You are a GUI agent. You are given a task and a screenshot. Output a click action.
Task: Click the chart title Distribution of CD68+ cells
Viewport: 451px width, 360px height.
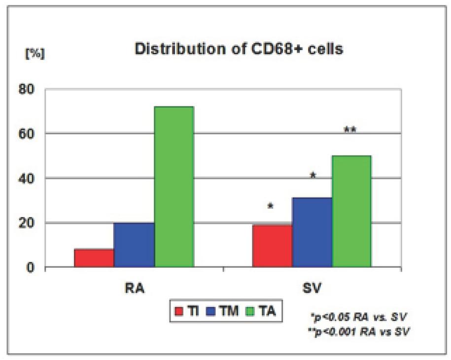pos(239,50)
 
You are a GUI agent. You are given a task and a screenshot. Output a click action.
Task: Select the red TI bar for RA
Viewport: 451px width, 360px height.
pos(94,258)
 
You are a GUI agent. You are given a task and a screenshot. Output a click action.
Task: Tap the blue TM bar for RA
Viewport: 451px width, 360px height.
pos(134,245)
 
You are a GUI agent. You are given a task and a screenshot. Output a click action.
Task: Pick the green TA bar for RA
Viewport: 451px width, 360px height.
pos(173,187)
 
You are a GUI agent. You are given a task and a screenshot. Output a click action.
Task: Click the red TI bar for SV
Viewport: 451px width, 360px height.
pos(272,246)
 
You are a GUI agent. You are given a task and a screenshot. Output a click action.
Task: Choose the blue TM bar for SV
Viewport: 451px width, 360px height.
pos(312,232)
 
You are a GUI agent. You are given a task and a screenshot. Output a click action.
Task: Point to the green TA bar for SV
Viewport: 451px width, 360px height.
pos(351,212)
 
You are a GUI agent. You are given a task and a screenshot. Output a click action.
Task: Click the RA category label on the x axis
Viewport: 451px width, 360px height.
pos(134,288)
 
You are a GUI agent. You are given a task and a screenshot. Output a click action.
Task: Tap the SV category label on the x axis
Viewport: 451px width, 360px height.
pos(312,288)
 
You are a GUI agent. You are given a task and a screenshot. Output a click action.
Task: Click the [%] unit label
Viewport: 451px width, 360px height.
pos(35,53)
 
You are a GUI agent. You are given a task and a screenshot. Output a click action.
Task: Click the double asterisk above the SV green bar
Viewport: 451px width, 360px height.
pos(350,130)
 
